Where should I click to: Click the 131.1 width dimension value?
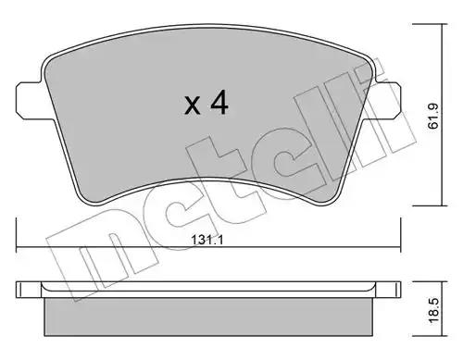click(206, 240)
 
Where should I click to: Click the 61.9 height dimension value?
click(433, 116)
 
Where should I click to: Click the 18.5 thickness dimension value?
click(433, 310)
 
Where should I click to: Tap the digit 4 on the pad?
click(219, 102)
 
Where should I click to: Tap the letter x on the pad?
click(192, 105)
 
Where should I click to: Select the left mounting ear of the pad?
click(30, 100)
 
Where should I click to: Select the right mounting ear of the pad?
click(387, 100)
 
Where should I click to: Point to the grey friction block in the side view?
click(208, 317)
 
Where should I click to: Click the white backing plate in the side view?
click(208, 290)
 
